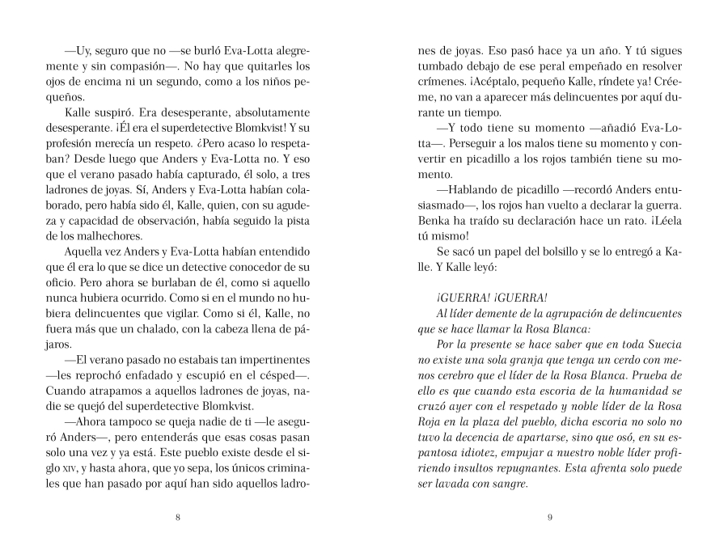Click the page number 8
(x=177, y=518)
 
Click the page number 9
(x=549, y=518)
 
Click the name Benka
(x=433, y=218)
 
